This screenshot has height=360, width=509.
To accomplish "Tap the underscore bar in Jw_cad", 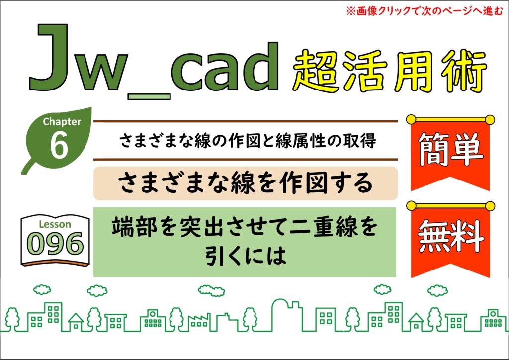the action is (x=149, y=97).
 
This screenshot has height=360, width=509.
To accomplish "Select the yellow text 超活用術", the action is (x=390, y=72).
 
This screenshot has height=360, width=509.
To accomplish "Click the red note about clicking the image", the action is (x=424, y=11).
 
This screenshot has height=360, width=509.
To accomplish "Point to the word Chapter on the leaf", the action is (x=62, y=121).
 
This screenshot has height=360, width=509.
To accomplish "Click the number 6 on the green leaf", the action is (x=59, y=145).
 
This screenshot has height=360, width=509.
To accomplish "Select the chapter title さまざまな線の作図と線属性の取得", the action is (x=248, y=141).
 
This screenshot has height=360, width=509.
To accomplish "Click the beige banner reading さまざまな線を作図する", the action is (x=246, y=183).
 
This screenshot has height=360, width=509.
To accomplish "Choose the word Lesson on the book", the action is (x=55, y=224).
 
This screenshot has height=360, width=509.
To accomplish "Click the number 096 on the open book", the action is (x=55, y=244).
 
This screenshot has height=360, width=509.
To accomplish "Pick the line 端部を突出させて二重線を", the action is (x=245, y=227).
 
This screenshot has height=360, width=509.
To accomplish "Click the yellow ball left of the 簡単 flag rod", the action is (x=411, y=119).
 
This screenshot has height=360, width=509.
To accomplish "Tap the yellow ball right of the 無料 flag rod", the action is (x=490, y=206).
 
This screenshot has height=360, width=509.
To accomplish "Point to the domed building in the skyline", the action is (x=286, y=314).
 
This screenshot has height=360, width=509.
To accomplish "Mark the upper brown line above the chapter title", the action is (x=246, y=121).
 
